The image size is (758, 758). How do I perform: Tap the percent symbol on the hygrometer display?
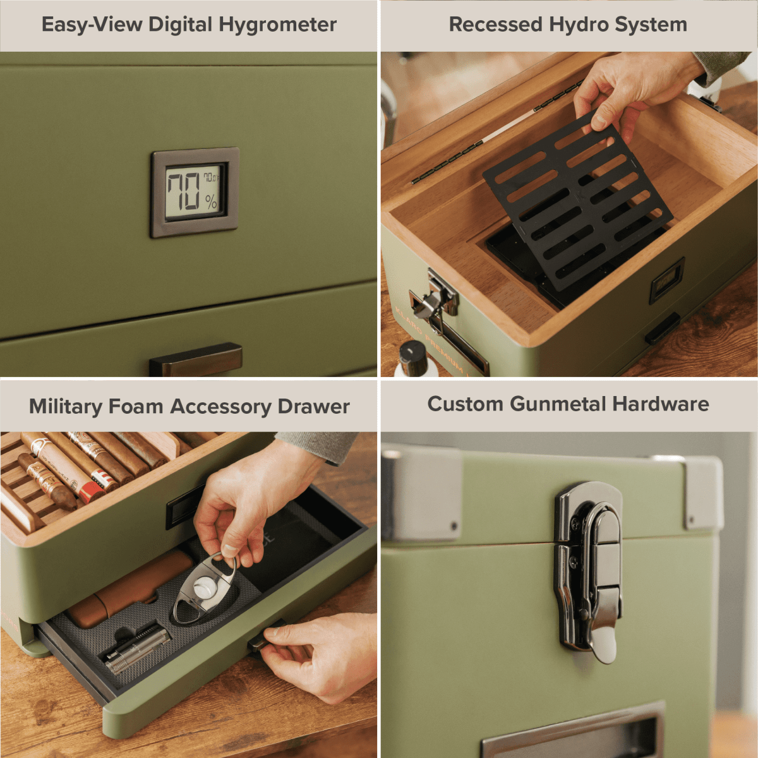[x=211, y=202]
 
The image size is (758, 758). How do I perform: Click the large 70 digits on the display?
[x=184, y=191]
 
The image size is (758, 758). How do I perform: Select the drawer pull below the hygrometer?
[x=196, y=360]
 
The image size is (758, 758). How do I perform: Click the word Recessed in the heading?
[x=496, y=25]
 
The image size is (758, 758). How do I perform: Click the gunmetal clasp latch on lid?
[x=590, y=568]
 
